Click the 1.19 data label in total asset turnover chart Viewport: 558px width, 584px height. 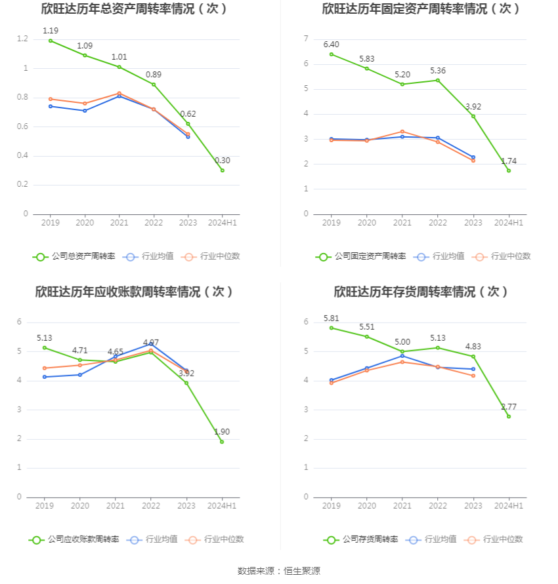(x=51, y=30)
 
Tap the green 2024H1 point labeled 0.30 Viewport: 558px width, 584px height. (x=223, y=170)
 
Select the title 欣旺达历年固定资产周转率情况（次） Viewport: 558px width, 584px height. (x=421, y=9)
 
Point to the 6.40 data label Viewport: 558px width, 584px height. (x=332, y=44)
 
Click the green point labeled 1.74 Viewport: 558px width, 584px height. (x=509, y=170)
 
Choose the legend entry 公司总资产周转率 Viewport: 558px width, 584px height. (x=74, y=256)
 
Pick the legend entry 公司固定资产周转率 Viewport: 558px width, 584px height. (x=360, y=256)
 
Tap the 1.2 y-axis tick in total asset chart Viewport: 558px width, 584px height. (x=22, y=39)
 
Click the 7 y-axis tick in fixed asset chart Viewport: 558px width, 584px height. (x=306, y=39)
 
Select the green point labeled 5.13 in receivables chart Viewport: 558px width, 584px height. (x=45, y=347)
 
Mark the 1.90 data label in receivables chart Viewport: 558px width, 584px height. (x=222, y=431)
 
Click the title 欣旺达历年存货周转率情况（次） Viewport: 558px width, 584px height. (x=421, y=292)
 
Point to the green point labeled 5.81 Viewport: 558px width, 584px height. (x=332, y=328)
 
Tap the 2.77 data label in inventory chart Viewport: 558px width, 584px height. (x=509, y=407)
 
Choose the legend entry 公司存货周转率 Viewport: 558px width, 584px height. (x=360, y=539)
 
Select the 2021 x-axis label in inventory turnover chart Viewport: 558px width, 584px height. (x=402, y=506)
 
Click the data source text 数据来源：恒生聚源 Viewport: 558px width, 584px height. (x=279, y=571)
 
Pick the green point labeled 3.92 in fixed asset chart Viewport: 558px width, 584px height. (x=473, y=116)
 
